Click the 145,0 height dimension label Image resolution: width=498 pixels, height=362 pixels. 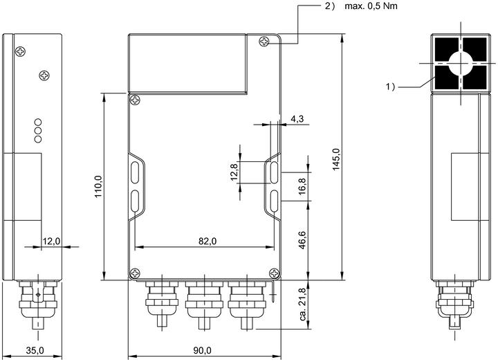click(x=336, y=160)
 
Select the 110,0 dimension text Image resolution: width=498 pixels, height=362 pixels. click(x=98, y=187)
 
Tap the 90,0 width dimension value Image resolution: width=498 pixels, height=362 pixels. click(x=202, y=350)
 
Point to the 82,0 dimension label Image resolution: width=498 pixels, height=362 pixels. click(x=207, y=242)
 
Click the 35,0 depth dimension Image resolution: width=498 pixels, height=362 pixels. click(x=35, y=350)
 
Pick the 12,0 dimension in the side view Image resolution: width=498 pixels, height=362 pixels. click(x=51, y=242)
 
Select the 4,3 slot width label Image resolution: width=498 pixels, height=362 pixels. click(x=297, y=119)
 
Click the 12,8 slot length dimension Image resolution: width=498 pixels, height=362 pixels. click(x=234, y=172)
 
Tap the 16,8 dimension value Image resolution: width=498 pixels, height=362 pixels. click(x=302, y=186)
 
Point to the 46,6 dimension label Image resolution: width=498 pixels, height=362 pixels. click(x=302, y=240)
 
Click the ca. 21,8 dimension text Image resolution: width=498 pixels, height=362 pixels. click(x=303, y=304)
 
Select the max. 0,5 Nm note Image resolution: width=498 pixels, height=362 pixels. click(x=371, y=6)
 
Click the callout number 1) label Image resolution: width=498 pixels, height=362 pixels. click(x=390, y=87)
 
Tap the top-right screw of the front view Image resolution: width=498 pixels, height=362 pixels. click(x=264, y=42)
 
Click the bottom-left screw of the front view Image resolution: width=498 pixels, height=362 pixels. click(x=135, y=273)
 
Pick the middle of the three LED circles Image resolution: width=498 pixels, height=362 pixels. click(x=38, y=131)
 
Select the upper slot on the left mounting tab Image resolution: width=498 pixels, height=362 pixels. click(x=135, y=173)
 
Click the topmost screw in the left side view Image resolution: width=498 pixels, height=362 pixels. click(x=20, y=51)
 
